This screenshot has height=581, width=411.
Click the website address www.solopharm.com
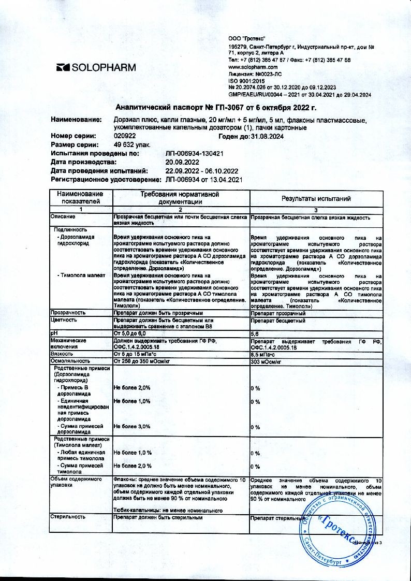tap(253, 67)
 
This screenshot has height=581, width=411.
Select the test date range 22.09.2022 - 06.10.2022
tap(201, 171)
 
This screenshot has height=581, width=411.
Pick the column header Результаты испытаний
tap(316, 198)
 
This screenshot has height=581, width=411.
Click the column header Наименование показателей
tap(80, 197)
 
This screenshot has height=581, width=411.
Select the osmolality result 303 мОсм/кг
tap(265, 360)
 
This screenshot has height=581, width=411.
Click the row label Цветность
tap(64, 320)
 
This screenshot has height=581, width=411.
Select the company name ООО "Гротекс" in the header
tap(247, 39)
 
